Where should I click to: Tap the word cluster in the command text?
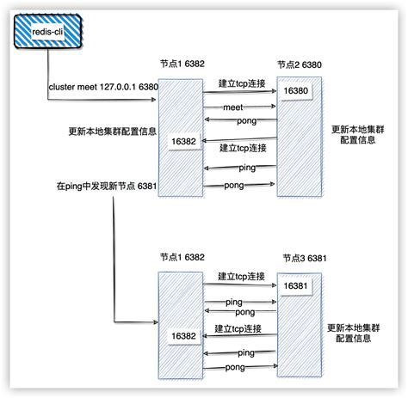[62, 87]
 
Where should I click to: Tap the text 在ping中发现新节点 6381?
[105, 187]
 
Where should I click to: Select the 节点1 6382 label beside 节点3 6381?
[182, 257]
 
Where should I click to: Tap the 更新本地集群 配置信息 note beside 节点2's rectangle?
[359, 136]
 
